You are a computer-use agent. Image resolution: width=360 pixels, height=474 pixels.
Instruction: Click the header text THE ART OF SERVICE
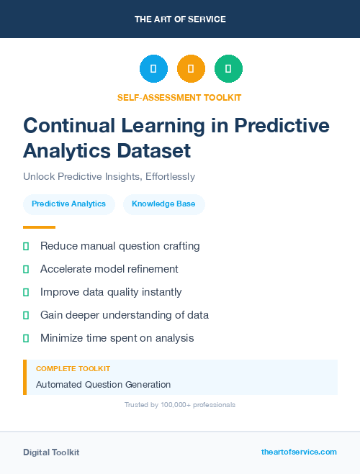[x=180, y=19]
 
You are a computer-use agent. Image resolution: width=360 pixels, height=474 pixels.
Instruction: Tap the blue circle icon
[x=153, y=69]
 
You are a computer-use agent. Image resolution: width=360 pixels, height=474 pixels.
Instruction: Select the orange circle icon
[x=191, y=69]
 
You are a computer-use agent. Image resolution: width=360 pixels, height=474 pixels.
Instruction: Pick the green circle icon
[x=228, y=69]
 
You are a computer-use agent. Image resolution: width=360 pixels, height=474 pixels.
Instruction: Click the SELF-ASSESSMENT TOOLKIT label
[x=180, y=97]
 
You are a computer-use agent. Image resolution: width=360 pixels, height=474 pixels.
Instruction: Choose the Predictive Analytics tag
[x=68, y=204]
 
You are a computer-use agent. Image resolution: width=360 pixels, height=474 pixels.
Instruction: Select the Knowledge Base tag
[x=163, y=204]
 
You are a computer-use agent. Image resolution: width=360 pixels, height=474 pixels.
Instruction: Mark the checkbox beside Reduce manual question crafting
[x=26, y=246]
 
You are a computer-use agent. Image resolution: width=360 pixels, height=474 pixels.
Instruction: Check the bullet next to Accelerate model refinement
[x=26, y=269]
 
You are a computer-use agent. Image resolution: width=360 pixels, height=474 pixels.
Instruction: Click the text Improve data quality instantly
[x=111, y=292]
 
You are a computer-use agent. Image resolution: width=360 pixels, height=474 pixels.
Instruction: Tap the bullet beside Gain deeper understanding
[x=26, y=315]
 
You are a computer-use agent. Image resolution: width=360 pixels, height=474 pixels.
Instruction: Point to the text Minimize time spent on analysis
[x=117, y=338]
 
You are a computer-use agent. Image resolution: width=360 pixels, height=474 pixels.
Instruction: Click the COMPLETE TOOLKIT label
[x=73, y=368]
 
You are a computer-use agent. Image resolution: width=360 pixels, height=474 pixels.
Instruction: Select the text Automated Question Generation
[x=103, y=384]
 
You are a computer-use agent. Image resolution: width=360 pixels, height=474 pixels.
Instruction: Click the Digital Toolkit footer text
[x=51, y=452]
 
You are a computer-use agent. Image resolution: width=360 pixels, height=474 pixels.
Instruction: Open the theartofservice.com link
[x=299, y=452]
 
